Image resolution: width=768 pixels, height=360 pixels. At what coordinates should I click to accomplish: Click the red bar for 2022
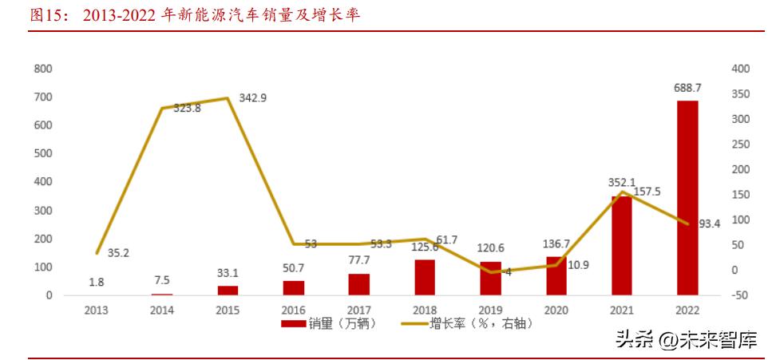pos(687,198)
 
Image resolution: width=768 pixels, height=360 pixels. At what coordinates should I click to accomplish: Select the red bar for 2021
pos(622,246)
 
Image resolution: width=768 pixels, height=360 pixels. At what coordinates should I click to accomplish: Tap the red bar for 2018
pos(425,277)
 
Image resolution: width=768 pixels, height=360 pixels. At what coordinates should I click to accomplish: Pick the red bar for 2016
pos(294,287)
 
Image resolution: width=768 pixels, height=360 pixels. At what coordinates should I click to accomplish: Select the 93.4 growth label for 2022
pos(709,224)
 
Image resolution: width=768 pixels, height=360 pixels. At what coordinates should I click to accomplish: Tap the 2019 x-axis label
pos(489,310)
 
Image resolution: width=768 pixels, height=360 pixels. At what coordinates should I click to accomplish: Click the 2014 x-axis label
pos(162,310)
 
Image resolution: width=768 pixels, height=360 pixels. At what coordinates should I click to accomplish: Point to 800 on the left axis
pos(43,69)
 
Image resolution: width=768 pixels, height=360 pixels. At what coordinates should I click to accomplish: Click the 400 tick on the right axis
pos(740,69)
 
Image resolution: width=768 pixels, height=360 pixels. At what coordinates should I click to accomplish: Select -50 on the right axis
pos(739,295)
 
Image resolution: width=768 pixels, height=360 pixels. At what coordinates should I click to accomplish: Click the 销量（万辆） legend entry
pos(327,324)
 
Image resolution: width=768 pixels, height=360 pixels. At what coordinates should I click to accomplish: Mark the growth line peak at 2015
pos(227,98)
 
